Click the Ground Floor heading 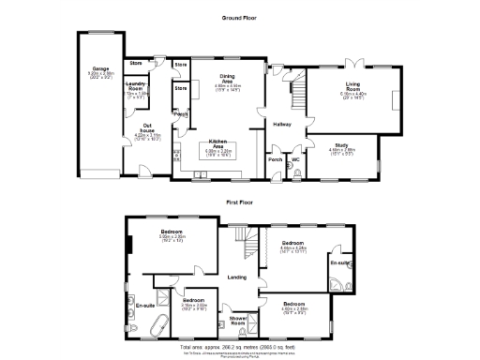(241, 19)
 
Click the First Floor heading (241, 202)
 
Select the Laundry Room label (138, 86)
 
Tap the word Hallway (281, 124)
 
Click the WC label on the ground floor (295, 159)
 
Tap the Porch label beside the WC (276, 159)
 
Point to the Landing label (237, 277)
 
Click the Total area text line (241, 346)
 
